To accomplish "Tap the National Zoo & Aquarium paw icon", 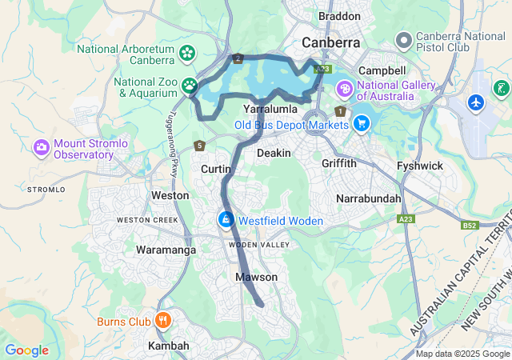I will [x=189, y=84].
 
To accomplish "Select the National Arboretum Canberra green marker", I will [x=187, y=54].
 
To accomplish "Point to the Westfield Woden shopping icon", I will [x=226, y=220].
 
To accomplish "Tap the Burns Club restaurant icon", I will [x=163, y=322].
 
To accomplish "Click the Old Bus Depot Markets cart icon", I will [x=362, y=124].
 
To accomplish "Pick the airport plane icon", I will [x=477, y=103].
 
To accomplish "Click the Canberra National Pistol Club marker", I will [x=404, y=38].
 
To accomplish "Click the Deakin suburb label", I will [x=268, y=152].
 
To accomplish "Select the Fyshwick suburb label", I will [x=419, y=166].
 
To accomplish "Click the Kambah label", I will [x=169, y=346].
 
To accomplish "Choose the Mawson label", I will [x=256, y=277].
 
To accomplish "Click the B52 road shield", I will [x=470, y=226].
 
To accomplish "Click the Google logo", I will [x=26, y=350].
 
